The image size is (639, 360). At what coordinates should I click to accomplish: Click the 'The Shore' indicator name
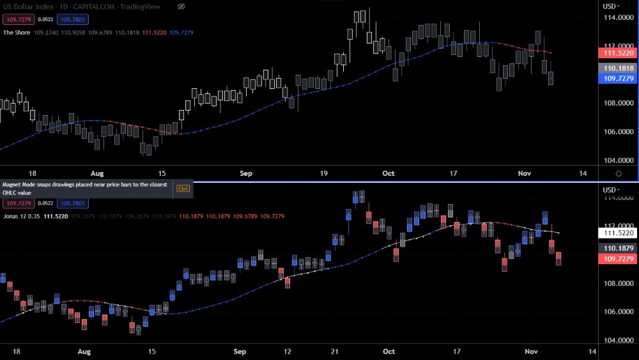17,32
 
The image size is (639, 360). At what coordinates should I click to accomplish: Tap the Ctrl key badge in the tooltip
183,189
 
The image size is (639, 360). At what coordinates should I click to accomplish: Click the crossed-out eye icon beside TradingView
181,6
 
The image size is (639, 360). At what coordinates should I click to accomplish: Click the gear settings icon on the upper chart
619,173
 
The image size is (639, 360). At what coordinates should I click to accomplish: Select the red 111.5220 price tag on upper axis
618,55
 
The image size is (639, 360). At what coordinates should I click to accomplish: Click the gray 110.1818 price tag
618,68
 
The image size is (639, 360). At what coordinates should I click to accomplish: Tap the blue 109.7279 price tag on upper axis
618,78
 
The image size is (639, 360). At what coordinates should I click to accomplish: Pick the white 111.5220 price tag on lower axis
618,233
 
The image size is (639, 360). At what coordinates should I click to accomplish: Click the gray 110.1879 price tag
618,248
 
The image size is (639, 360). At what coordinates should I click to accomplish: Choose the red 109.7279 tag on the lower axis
618,258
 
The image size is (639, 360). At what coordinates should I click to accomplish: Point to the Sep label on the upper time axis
247,173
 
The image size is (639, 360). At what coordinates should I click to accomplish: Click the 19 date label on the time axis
323,173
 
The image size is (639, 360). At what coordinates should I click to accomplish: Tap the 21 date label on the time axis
334,351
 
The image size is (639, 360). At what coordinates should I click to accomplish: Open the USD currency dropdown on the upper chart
612,6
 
